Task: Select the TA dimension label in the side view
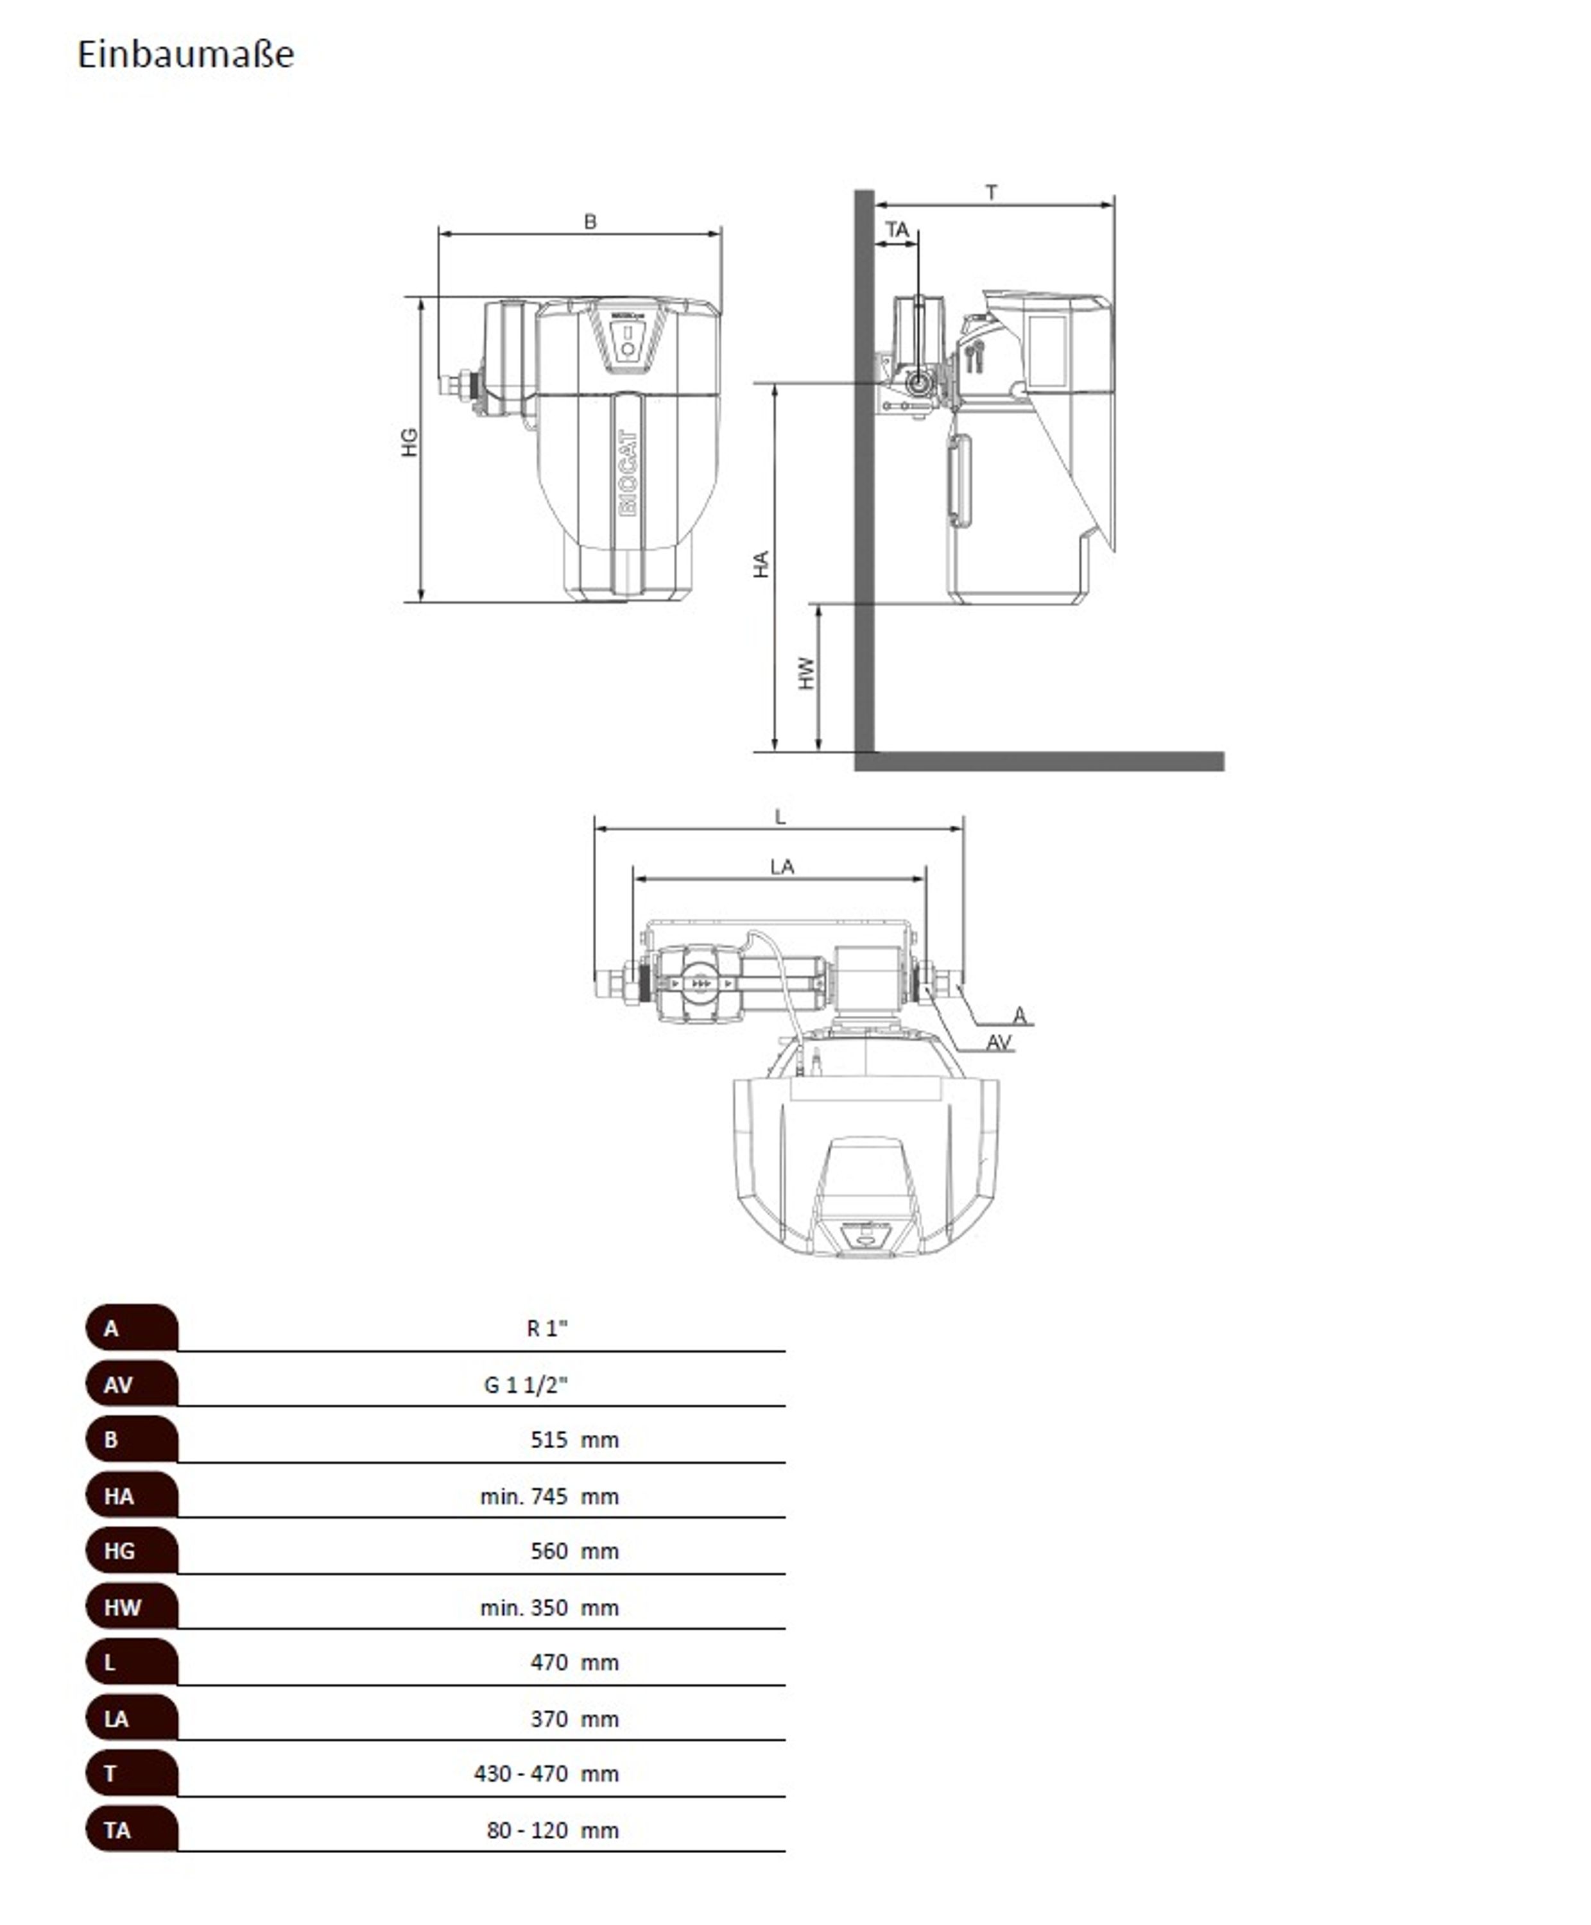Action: [x=897, y=230]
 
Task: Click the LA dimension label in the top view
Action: [x=782, y=867]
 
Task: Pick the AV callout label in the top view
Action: [x=998, y=1042]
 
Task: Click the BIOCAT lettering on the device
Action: [x=628, y=473]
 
